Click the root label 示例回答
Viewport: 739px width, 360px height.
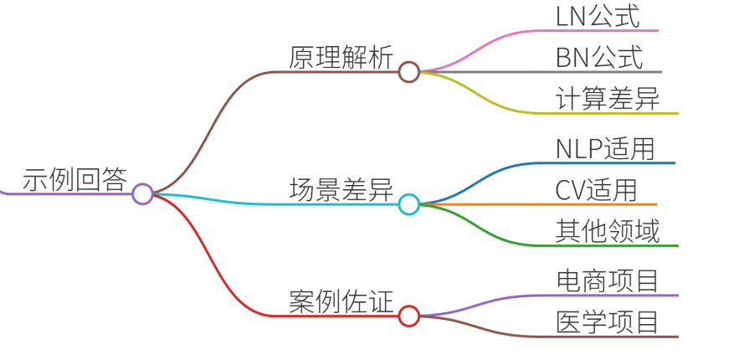point(75,179)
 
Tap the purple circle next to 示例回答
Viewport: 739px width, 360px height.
point(142,193)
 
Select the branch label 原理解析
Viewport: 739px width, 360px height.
point(341,59)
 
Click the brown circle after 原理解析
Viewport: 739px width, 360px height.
point(408,72)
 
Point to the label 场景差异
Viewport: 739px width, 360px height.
point(341,190)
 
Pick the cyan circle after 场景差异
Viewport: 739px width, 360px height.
point(408,204)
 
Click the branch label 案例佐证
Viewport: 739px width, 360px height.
point(341,302)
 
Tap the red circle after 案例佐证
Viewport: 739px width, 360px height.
point(408,316)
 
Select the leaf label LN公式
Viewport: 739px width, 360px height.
point(598,17)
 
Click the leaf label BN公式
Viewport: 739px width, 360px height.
point(599,59)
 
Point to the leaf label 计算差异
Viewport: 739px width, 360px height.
point(608,100)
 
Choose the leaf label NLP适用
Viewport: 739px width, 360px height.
point(605,149)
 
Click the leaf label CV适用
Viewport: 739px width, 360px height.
point(596,191)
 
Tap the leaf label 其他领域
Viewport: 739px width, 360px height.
point(608,232)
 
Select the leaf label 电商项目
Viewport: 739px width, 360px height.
point(608,282)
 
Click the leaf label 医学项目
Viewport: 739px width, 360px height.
point(608,323)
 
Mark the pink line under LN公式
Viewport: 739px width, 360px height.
point(540,31)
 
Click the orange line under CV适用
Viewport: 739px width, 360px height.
point(539,204)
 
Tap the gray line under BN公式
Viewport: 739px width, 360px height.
point(541,72)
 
